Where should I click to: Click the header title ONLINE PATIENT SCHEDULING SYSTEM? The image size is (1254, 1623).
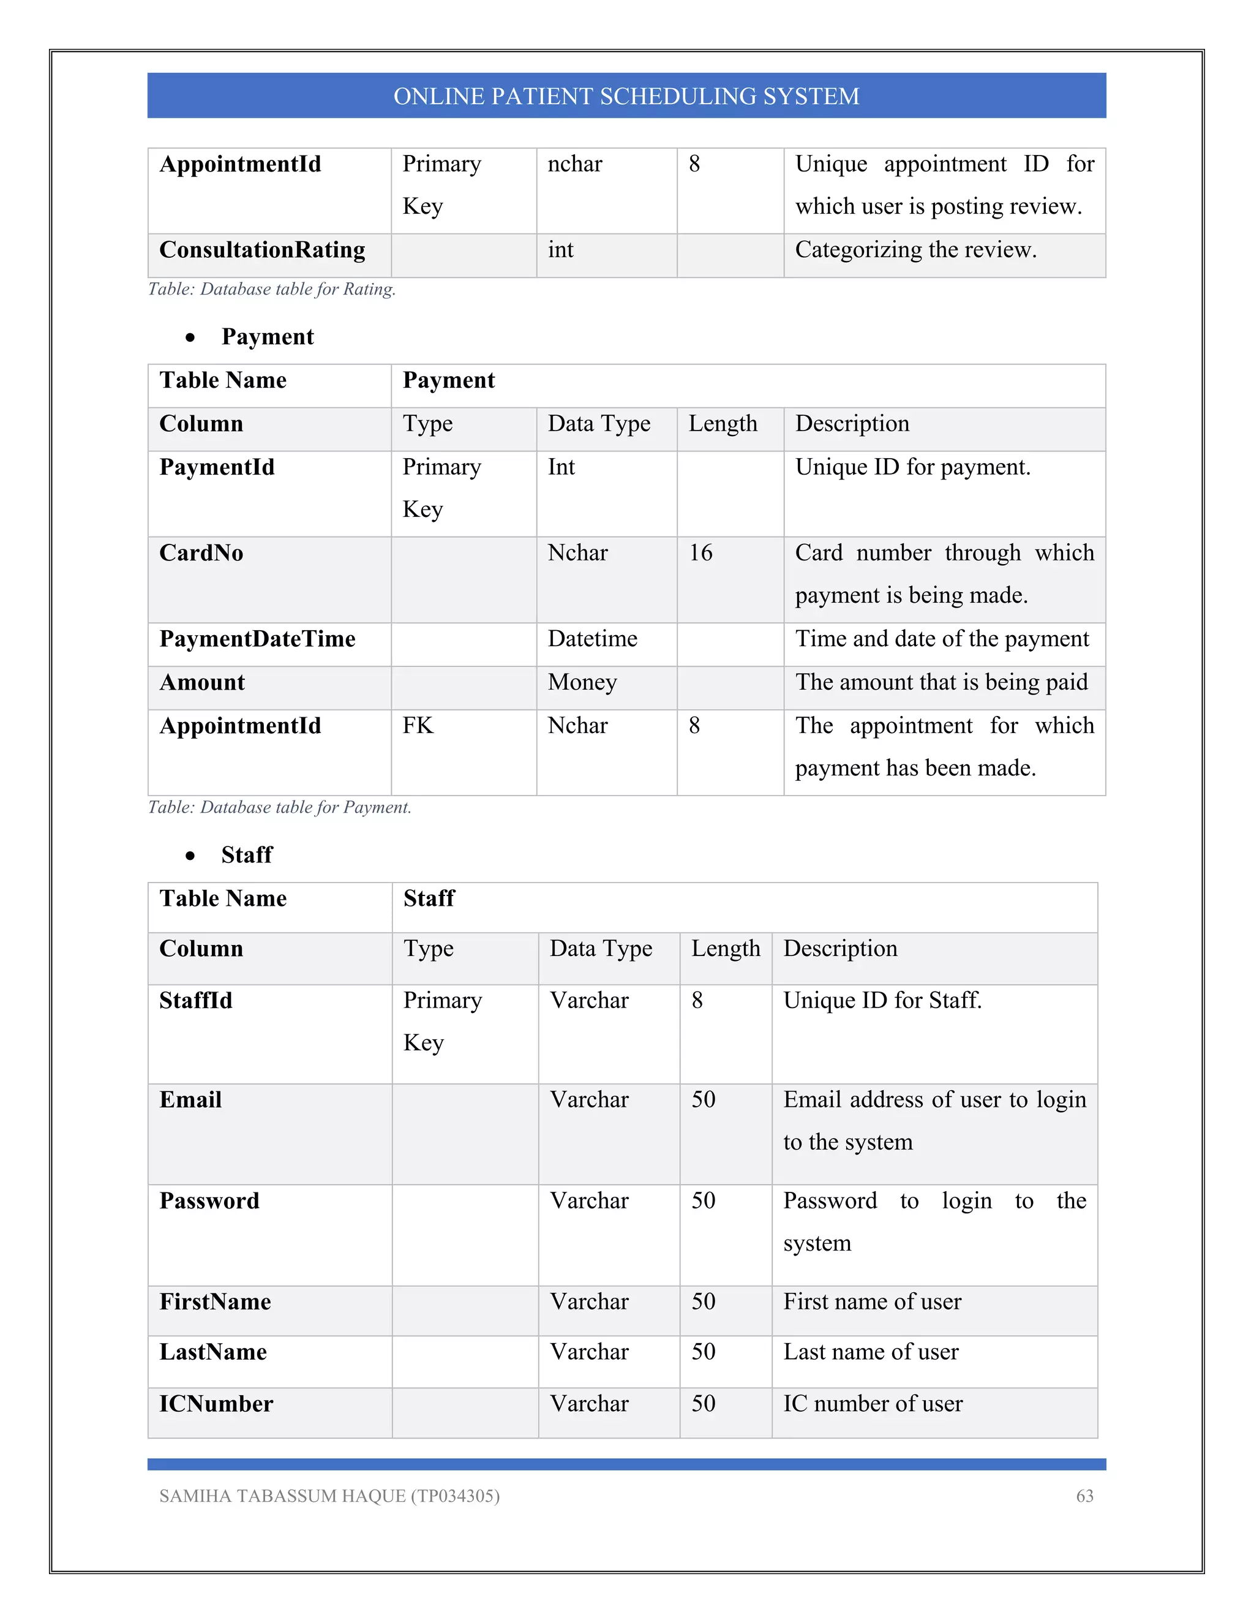point(626,97)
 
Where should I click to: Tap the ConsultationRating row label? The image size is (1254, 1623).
point(262,250)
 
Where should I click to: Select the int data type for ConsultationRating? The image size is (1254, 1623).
point(561,250)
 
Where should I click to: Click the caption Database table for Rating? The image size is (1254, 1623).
point(272,289)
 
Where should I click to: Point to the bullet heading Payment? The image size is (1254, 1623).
point(268,337)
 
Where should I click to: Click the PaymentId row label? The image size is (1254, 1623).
point(217,467)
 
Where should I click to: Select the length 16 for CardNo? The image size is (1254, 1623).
point(700,553)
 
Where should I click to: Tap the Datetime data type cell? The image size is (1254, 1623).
point(592,639)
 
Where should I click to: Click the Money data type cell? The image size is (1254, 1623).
point(582,682)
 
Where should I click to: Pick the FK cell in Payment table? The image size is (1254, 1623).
point(418,725)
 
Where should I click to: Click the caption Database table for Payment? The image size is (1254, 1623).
point(279,808)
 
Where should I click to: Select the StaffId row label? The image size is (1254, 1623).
point(196,1001)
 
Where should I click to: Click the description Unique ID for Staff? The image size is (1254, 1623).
point(882,1001)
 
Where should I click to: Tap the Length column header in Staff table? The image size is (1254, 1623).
point(725,949)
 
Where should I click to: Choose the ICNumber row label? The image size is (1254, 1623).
point(216,1404)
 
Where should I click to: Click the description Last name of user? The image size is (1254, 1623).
point(871,1352)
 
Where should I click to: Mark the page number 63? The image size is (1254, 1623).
point(1084,1496)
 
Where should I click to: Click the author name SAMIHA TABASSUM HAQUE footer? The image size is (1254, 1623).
point(329,1496)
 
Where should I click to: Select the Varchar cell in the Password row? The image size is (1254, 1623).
point(589,1201)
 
